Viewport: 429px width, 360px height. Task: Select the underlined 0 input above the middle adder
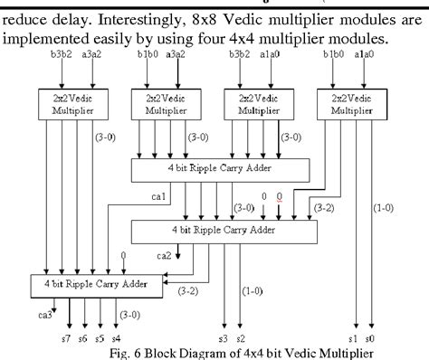pyautogui.click(x=279, y=195)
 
